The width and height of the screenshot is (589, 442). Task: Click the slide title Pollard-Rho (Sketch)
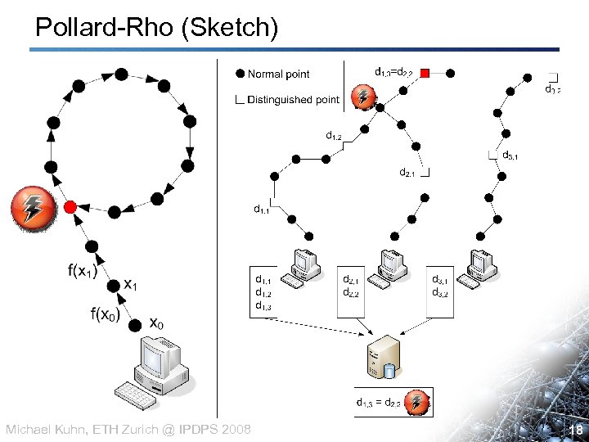(157, 27)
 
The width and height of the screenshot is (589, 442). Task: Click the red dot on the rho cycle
(71, 206)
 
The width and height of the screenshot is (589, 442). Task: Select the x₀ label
(156, 323)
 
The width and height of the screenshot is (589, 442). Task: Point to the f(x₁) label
(82, 271)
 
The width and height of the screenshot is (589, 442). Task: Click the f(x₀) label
(105, 313)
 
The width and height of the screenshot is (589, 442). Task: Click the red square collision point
(425, 74)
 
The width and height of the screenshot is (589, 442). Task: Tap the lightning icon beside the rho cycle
(33, 208)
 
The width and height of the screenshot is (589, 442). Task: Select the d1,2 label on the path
(334, 136)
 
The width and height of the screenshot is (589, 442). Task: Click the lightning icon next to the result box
(418, 402)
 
